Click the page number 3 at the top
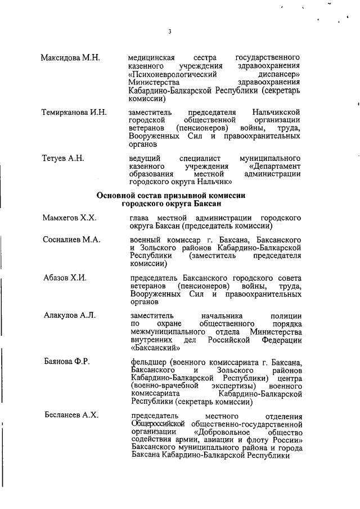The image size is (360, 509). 169,31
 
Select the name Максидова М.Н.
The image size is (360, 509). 70,58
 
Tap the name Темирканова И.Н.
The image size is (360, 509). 74,112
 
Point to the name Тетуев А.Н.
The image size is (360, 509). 63,159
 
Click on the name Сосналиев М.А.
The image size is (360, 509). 72,240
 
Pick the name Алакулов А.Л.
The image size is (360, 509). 70,316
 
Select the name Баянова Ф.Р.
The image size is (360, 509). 67,361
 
